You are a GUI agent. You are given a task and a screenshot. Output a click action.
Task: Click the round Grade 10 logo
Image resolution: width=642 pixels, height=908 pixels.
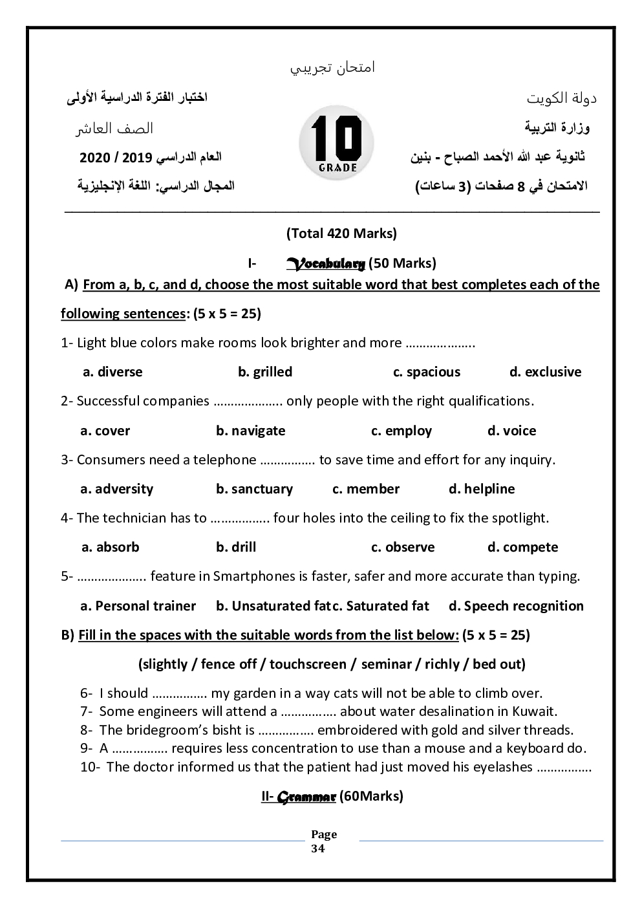[336, 143]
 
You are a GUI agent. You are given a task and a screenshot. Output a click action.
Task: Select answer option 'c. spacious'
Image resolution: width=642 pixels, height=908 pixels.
[427, 372]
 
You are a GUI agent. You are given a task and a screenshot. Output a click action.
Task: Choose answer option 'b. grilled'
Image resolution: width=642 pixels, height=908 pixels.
[265, 372]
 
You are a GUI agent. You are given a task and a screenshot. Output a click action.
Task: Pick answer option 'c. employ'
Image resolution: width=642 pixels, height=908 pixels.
[401, 431]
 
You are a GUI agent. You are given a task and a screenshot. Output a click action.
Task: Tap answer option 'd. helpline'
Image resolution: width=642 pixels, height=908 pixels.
[482, 489]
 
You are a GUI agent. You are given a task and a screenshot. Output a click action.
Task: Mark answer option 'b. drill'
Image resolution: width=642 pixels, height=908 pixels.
[236, 547]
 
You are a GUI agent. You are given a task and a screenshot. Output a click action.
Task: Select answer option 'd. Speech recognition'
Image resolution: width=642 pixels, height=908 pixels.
[516, 606]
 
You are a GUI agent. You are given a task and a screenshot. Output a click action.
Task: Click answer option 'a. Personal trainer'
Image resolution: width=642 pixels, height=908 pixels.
[138, 606]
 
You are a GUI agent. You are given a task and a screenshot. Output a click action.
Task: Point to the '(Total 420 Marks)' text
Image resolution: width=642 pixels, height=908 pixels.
[341, 233]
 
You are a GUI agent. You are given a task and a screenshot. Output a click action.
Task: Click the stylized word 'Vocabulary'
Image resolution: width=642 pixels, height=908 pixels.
[326, 263]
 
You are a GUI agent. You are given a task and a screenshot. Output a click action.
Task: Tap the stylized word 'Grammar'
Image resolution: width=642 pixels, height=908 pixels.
[306, 797]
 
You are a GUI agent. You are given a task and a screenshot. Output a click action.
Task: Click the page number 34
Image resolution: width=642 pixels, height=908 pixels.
[318, 849]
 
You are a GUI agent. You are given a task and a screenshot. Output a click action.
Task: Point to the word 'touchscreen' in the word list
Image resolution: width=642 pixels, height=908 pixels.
[308, 664]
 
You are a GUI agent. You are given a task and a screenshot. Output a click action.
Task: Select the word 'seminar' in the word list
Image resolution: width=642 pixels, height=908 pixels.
[387, 664]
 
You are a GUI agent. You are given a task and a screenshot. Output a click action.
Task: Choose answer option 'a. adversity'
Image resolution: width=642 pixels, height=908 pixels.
[117, 489]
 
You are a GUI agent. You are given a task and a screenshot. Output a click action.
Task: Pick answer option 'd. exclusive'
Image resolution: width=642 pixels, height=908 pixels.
[545, 372]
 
